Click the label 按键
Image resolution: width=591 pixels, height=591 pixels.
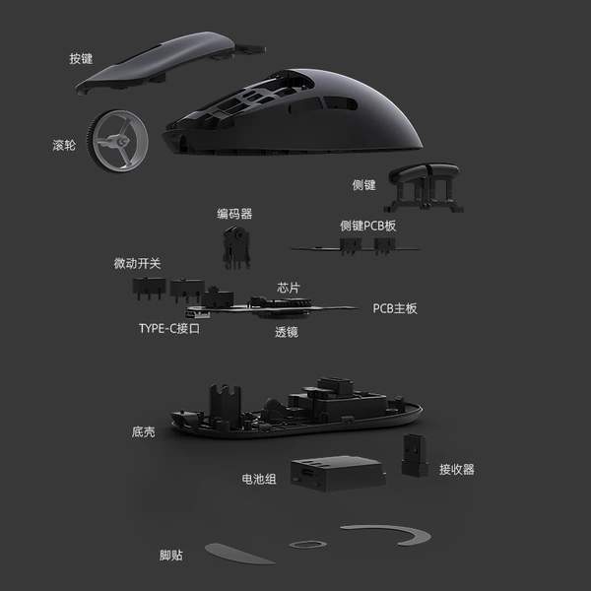click(81, 59)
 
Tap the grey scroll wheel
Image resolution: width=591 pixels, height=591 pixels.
click(117, 141)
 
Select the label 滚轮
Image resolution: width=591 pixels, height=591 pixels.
click(64, 145)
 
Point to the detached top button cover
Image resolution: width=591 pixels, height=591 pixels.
click(170, 61)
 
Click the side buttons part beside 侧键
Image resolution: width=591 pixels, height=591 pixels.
click(424, 187)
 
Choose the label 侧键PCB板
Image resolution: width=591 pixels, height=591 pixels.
click(367, 226)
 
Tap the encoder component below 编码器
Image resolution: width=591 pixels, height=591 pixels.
click(236, 247)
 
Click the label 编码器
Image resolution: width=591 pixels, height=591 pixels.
click(234, 214)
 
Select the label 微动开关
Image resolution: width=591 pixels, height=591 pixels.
click(137, 263)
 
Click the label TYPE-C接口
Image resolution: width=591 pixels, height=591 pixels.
click(169, 329)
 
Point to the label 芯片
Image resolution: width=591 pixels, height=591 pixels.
click(289, 288)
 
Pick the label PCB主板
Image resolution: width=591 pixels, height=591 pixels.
click(395, 308)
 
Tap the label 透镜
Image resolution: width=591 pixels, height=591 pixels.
click(287, 332)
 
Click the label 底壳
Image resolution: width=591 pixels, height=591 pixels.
click(143, 432)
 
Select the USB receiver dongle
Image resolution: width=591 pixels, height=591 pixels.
click(415, 455)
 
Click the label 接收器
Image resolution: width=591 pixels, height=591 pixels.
click(456, 470)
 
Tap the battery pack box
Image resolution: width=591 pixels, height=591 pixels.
click(338, 474)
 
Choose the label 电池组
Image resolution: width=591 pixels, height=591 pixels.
click(259, 479)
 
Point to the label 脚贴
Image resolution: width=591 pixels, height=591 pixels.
click(171, 556)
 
